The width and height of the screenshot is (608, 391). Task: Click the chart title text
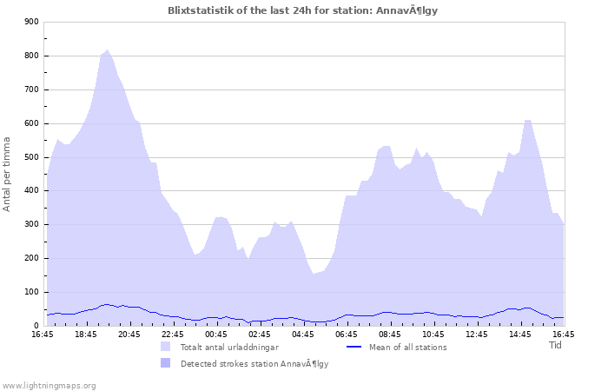308,10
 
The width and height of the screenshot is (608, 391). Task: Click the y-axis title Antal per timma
8,174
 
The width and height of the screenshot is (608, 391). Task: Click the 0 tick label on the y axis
35,326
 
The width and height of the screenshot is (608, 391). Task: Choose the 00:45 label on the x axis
216,335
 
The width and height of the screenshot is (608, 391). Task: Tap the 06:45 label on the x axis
347,335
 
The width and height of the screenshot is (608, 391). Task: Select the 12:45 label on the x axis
477,335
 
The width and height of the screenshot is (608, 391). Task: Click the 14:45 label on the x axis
520,335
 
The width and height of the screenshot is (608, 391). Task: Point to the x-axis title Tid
556,345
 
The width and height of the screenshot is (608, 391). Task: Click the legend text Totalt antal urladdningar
229,348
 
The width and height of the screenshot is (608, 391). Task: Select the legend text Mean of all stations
408,348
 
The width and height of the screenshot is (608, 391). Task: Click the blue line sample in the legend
353,347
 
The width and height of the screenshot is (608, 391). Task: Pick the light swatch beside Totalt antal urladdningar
165,347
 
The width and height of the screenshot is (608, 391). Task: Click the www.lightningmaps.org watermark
50,385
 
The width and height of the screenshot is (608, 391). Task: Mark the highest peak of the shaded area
107,50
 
